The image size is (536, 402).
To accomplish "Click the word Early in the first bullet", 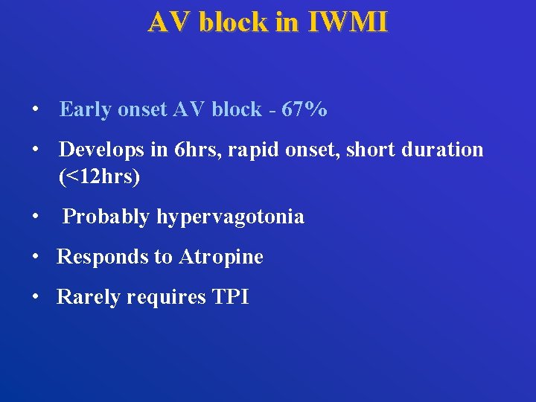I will [84, 110].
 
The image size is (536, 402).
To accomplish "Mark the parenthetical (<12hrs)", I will [99, 177].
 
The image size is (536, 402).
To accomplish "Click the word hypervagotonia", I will [230, 217].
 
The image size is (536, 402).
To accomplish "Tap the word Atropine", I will [221, 258].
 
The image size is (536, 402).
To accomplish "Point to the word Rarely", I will [89, 298].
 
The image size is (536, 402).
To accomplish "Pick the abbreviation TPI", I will [230, 298].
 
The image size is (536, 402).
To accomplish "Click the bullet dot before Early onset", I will [35, 110].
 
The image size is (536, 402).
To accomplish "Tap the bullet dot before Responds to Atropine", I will [35, 258].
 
